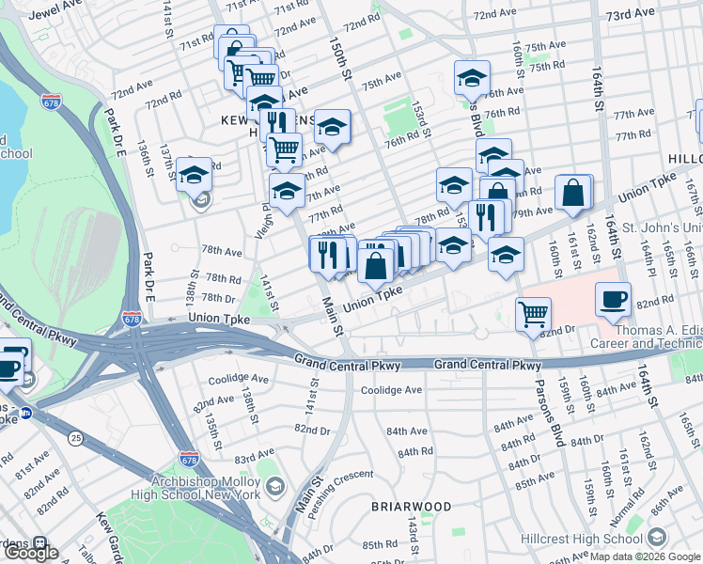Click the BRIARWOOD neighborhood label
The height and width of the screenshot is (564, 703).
pyautogui.click(x=410, y=506)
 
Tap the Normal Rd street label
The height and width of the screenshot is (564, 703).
pyautogui.click(x=627, y=507)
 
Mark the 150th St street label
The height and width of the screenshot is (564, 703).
pyautogui.click(x=339, y=59)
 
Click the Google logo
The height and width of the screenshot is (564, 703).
pyautogui.click(x=31, y=553)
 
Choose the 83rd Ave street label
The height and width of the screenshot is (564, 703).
pyautogui.click(x=255, y=457)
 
